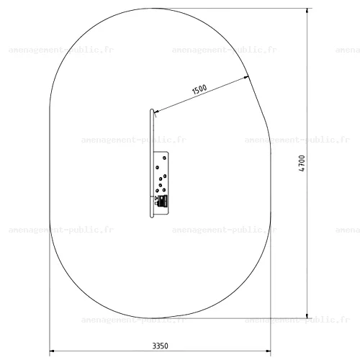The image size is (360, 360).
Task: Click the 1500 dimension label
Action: click(199, 89)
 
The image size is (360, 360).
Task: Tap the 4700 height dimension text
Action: click(302, 163)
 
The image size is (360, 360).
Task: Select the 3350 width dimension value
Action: click(161, 346)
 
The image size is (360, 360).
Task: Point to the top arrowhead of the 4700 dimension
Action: click(307, 11)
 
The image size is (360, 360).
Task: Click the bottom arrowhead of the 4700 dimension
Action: click(307, 315)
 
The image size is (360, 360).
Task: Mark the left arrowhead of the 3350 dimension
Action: click(52, 351)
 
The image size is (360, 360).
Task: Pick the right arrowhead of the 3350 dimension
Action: click(269, 351)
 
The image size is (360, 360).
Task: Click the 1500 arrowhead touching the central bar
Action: click(156, 112)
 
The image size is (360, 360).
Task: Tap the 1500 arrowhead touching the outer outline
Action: click(246, 77)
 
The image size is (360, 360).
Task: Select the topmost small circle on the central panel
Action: click(164, 158)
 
